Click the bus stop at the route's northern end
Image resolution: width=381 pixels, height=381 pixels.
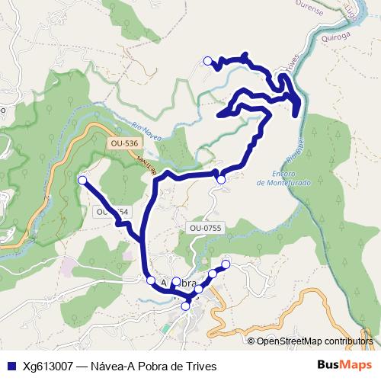[207, 60]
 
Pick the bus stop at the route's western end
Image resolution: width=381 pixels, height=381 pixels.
[82, 180]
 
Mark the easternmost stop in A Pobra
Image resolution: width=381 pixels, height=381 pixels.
[226, 264]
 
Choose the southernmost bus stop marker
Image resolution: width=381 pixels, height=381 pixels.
[185, 306]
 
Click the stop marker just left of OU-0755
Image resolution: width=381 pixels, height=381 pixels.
[221, 180]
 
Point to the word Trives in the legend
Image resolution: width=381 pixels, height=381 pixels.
[202, 366]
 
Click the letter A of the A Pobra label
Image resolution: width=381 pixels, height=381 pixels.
[165, 282]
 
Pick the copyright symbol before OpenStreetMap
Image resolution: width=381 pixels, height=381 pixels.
[251, 341]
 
